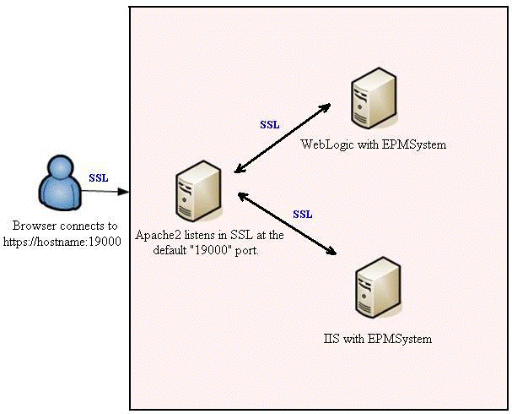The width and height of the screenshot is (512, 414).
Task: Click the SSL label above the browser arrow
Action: click(99, 177)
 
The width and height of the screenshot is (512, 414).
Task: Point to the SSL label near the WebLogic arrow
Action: click(270, 124)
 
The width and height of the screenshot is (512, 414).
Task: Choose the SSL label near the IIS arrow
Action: click(303, 214)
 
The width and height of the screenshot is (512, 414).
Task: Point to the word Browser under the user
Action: click(33, 226)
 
